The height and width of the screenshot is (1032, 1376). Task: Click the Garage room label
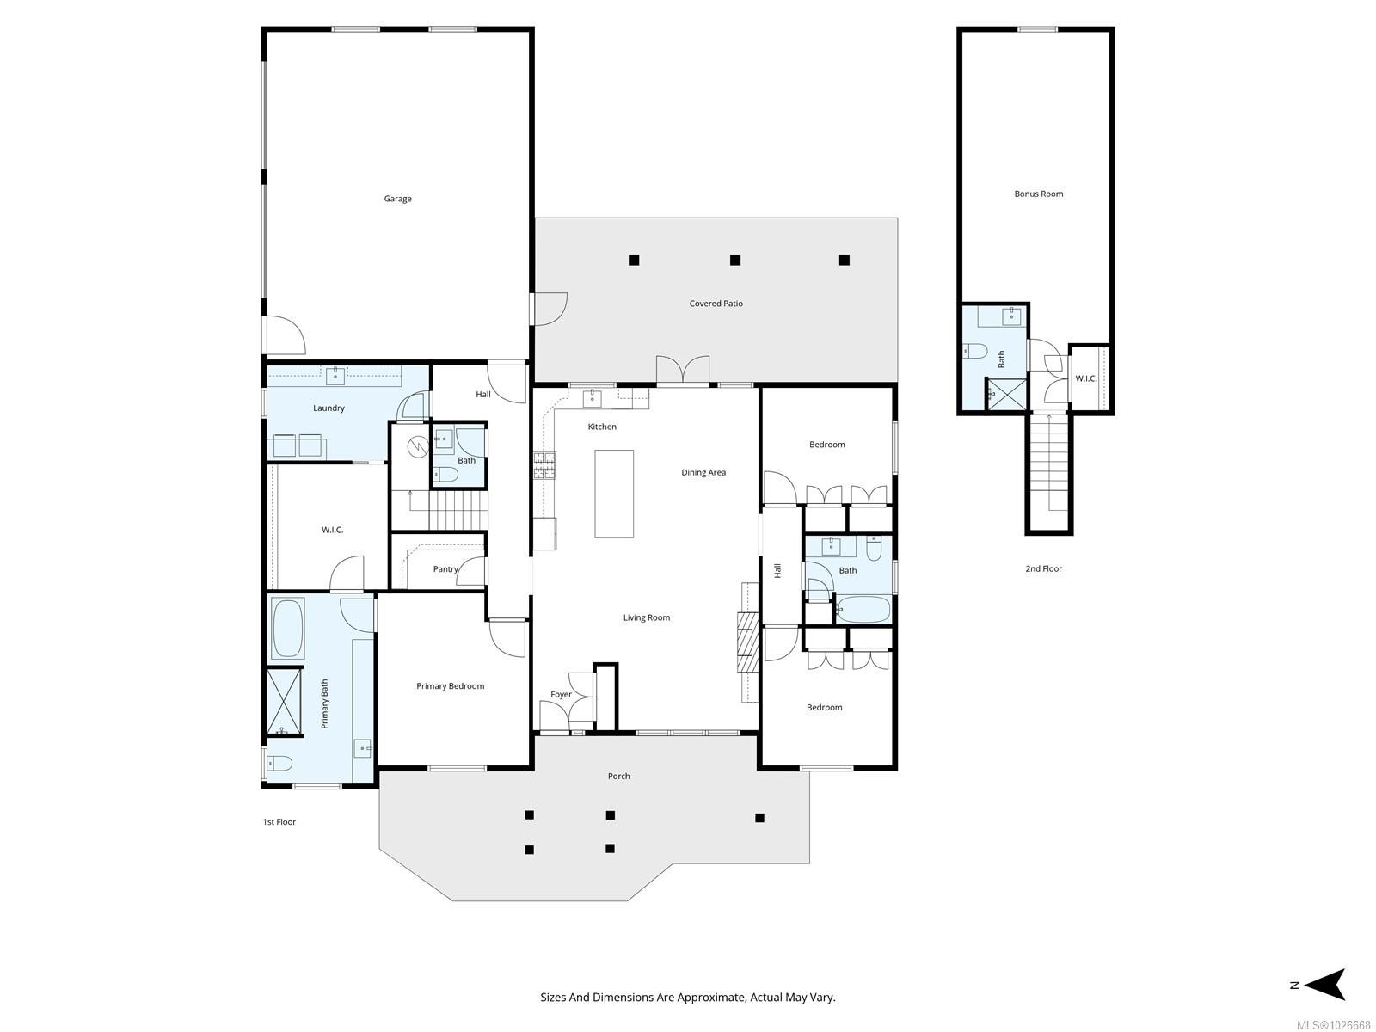point(397,199)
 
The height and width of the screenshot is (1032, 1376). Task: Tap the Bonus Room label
point(1038,193)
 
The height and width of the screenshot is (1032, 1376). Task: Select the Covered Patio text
point(716,304)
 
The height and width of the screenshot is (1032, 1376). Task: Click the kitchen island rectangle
point(614,494)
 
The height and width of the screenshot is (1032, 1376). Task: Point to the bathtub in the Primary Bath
point(287,628)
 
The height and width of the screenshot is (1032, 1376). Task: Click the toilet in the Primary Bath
point(280,763)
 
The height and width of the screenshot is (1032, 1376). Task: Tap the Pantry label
point(445,569)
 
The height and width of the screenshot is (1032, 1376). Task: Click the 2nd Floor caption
point(1043,568)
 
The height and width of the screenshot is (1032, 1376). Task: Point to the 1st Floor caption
point(279,822)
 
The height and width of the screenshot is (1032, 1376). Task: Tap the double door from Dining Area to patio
point(683,371)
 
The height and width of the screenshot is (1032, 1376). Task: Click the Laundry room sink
point(335,375)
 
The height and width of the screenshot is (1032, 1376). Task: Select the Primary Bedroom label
point(450,686)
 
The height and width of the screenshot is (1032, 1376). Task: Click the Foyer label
point(561,695)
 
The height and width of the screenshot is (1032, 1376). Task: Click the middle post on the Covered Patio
point(735,260)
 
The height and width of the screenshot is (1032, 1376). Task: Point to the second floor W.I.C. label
point(1086,378)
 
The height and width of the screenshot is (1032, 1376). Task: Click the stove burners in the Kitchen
point(544,465)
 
